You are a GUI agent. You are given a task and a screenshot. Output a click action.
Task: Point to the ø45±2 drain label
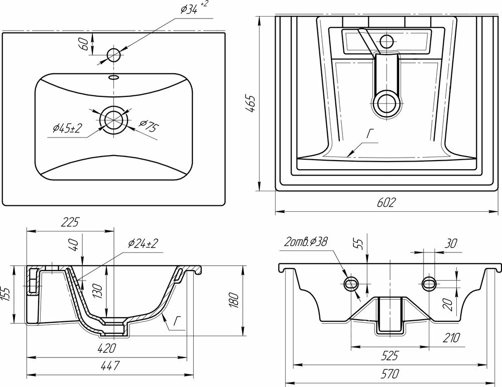pos(66,128)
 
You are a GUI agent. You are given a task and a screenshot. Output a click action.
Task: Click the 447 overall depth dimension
pos(107,366)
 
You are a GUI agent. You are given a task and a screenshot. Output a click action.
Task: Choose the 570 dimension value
pos(386,373)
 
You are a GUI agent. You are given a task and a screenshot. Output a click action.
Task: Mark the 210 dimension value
pos(450,338)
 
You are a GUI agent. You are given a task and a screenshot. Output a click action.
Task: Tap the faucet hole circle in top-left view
pos(114,55)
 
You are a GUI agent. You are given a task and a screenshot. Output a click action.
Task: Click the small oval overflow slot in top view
pos(114,78)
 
